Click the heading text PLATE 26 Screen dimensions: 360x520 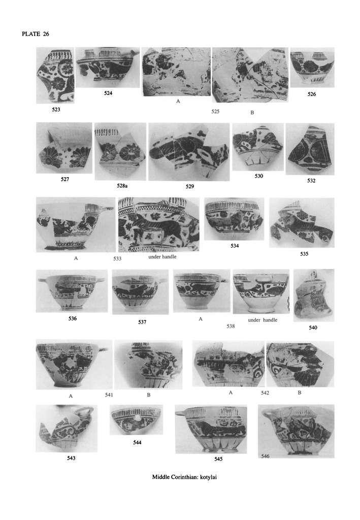pos(36,34)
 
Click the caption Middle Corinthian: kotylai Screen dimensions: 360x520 pos(184,477)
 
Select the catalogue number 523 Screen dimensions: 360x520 pos(56,110)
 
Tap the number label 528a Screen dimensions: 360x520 pos(122,186)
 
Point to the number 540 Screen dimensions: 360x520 pos(313,328)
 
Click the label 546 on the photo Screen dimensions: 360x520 pos(265,456)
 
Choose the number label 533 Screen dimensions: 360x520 pos(117,258)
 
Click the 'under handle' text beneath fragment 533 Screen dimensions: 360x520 pos(162,256)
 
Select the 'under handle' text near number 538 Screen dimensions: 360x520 pos(263,320)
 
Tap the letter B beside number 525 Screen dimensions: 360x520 pos(252,113)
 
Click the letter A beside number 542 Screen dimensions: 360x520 pos(231,393)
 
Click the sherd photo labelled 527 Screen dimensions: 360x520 pos(64,148)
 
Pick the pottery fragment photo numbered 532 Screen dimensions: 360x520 pos(310,149)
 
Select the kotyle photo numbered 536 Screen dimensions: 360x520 pos(72,291)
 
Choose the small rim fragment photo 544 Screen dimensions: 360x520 pos(136,420)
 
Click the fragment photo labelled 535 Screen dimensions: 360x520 pos(302,223)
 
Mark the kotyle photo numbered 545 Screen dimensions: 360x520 pos(211,429)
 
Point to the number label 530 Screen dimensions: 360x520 pos(258,176)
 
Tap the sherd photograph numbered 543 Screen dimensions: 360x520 pos(67,429)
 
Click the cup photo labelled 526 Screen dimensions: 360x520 pos(312,68)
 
